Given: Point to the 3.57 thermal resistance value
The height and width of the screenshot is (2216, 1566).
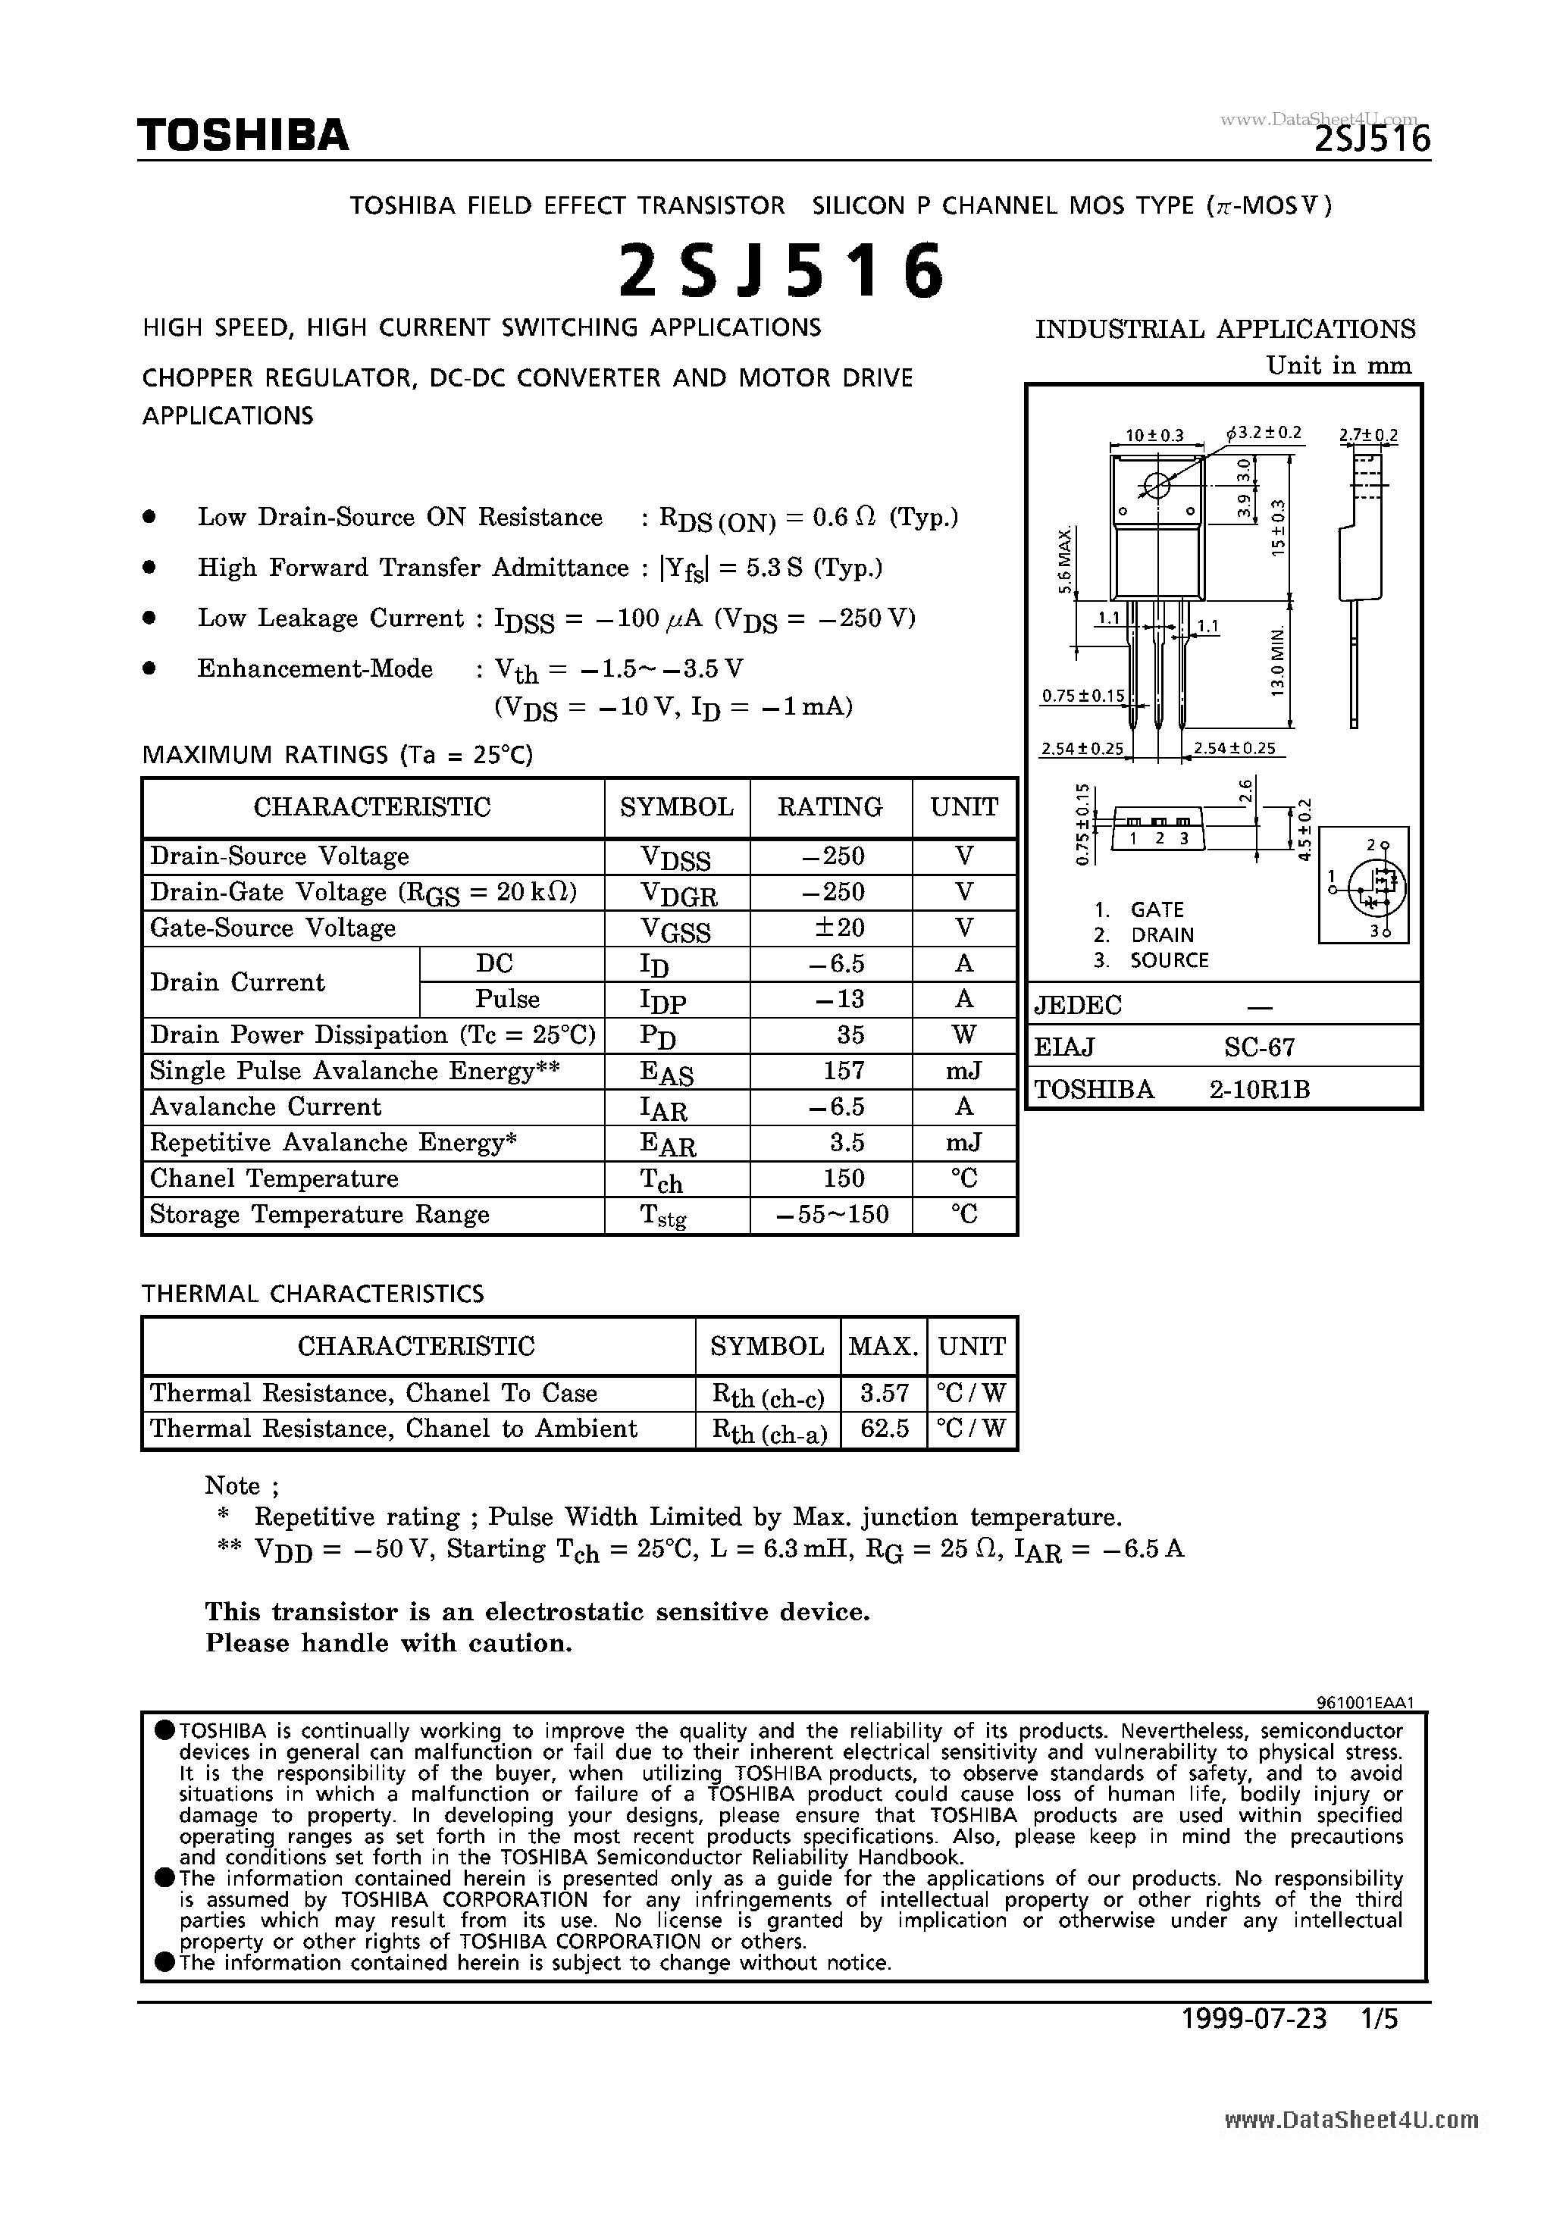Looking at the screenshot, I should [883, 1393].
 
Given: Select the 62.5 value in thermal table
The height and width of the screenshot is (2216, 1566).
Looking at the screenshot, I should [883, 1429].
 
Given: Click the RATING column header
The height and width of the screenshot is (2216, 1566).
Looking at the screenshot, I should [830, 807].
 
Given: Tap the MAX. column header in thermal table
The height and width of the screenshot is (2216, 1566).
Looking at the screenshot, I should [882, 1347].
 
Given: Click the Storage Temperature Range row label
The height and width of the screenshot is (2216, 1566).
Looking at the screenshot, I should [320, 1214].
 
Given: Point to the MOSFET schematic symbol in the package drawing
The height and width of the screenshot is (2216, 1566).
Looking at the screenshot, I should [1364, 885].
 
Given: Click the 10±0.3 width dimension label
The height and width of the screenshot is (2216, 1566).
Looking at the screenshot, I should [1154, 435].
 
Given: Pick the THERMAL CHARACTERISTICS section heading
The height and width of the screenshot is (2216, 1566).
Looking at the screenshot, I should [313, 1294].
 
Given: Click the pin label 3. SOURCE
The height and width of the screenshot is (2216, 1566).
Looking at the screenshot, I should [1151, 960].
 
